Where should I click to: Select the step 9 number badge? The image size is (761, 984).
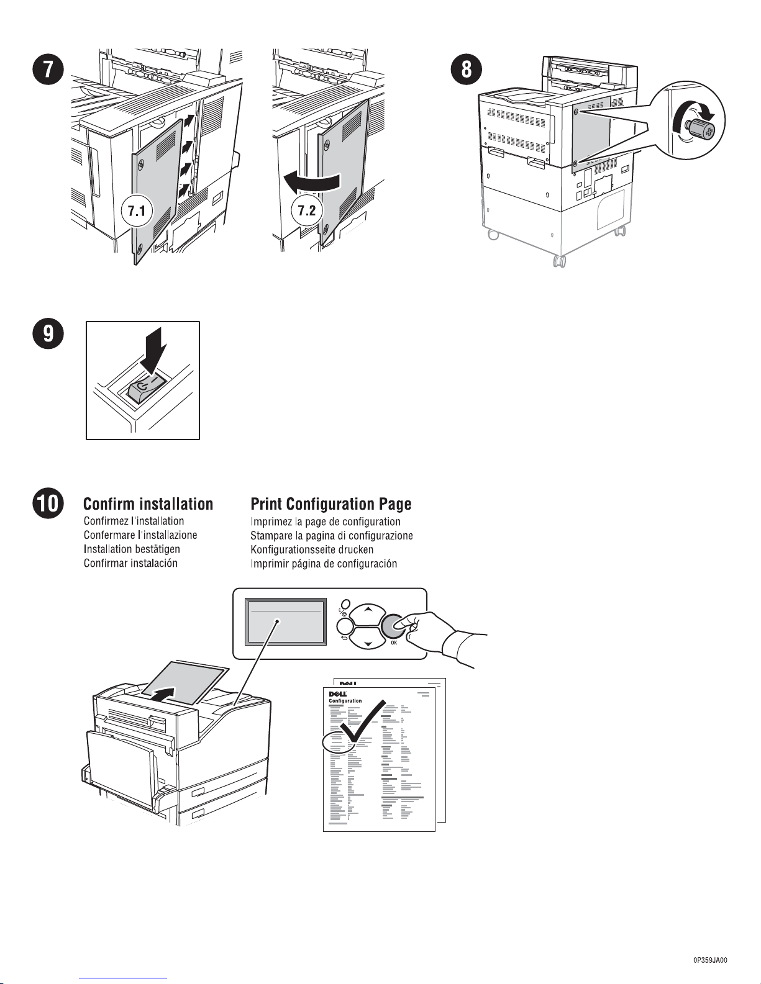click(x=48, y=335)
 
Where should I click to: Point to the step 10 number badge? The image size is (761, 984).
click(x=48, y=503)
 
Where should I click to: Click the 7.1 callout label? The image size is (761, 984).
click(x=137, y=211)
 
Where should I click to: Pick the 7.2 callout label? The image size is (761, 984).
click(x=307, y=210)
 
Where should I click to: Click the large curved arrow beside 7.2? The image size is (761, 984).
click(x=311, y=181)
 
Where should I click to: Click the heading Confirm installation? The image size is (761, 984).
click(x=148, y=504)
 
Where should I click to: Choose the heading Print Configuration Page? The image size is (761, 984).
click(x=330, y=504)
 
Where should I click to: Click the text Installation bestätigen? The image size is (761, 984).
click(x=132, y=549)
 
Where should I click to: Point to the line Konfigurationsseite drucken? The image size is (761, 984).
click(x=312, y=549)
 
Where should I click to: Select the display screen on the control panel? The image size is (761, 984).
click(x=286, y=621)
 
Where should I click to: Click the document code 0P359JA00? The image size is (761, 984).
click(x=709, y=960)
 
